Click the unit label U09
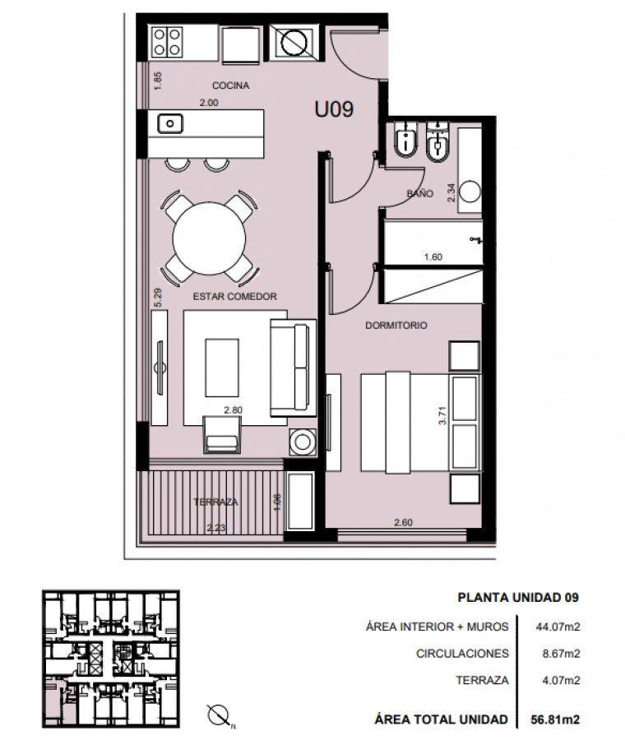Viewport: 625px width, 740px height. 334,109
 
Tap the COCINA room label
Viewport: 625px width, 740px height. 230,86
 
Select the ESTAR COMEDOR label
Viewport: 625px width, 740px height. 234,296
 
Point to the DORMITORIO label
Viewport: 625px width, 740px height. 396,325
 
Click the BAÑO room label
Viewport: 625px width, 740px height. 419,193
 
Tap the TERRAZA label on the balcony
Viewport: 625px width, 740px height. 215,502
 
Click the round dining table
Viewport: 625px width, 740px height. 209,238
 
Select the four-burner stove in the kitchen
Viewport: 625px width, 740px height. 167,42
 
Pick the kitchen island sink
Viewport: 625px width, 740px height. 170,124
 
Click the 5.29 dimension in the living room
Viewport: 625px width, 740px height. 158,298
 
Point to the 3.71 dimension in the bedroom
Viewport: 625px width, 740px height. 442,415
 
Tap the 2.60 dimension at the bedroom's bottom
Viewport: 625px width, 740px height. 403,522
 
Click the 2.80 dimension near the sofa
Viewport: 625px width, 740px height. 234,410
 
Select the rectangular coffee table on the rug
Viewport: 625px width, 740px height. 222,368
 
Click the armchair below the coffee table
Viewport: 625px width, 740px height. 222,434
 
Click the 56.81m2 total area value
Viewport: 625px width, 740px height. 555,719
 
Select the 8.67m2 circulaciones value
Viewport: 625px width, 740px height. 561,654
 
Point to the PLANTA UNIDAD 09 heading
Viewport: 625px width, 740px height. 518,597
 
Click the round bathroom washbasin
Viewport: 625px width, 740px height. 470,192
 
